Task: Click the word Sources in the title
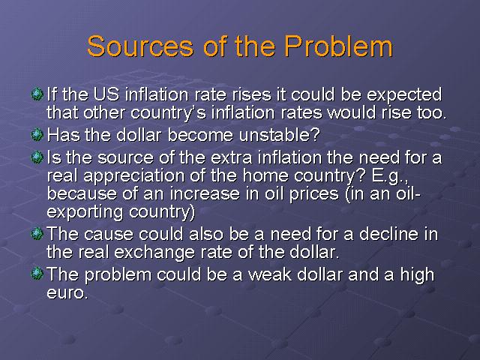[x=140, y=46]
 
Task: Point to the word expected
[x=404, y=95]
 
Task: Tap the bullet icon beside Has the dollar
[x=37, y=135]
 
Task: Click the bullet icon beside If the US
[x=37, y=94]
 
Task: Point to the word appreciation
[x=133, y=177]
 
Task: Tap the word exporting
[x=85, y=212]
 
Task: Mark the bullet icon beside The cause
[x=37, y=234]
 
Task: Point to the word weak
[x=270, y=274]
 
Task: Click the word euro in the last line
[x=67, y=292]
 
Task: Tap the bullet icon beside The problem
[x=37, y=273]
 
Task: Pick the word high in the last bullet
[x=417, y=275]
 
